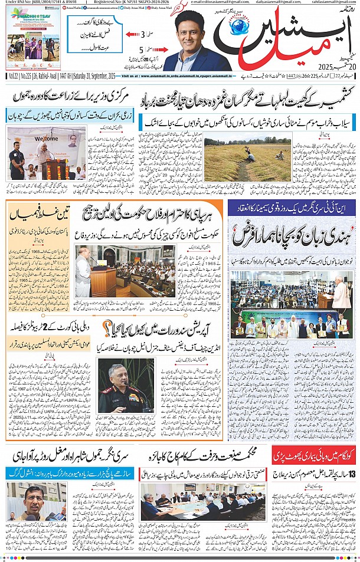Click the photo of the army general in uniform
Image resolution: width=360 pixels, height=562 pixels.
[x=125, y=387]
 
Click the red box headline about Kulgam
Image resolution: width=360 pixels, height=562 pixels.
[x=314, y=454]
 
